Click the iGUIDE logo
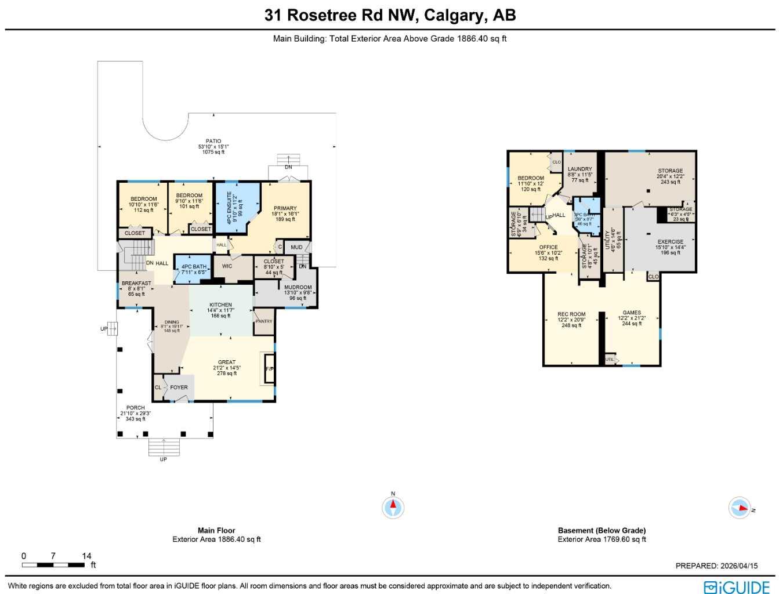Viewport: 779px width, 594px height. tap(737, 586)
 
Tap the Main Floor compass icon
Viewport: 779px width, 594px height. tap(393, 508)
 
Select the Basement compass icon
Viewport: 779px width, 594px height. tap(740, 508)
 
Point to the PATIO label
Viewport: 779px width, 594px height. tap(213, 141)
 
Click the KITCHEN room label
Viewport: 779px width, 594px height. tap(220, 305)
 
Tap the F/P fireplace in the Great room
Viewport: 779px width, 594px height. tap(269, 369)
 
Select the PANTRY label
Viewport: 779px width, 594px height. tap(264, 321)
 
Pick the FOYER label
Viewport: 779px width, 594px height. tap(179, 387)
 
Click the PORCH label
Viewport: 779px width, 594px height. tap(135, 408)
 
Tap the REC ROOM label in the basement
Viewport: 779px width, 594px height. tap(571, 314)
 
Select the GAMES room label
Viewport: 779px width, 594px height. tap(632, 313)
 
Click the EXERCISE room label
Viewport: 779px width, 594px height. tap(670, 242)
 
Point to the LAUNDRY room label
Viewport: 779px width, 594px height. tap(579, 169)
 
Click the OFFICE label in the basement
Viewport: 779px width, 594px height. tap(548, 248)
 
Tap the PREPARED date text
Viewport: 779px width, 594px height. tap(716, 566)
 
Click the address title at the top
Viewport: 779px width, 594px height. tap(390, 15)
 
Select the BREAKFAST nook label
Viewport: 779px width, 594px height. tap(136, 284)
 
